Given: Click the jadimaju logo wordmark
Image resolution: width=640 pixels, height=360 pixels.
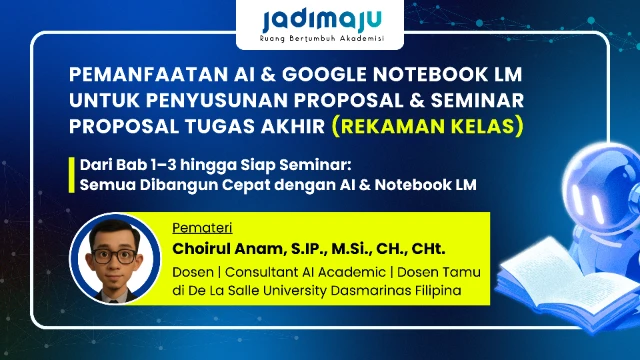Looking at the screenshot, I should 321,21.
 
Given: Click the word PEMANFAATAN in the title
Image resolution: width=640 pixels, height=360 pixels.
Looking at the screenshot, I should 137,77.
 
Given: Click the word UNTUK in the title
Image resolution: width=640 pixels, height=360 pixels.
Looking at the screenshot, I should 106,102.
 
